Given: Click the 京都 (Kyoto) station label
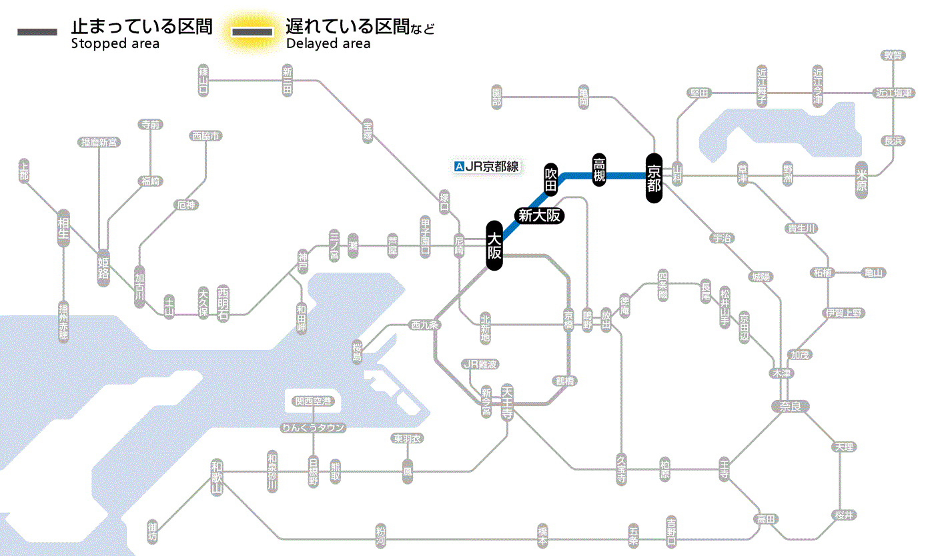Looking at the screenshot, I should [654, 177].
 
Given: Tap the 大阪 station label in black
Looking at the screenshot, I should [494, 246].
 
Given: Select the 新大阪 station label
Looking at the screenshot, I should [540, 216].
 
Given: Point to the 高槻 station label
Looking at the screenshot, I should [599, 169].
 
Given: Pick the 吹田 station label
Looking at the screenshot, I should [550, 179].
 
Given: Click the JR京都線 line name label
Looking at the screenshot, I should [492, 167].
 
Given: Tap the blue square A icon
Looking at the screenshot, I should [458, 167].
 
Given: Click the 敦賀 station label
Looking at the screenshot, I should [893, 55].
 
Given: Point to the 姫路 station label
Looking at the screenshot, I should [103, 267].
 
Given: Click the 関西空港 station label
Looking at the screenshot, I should [314, 401].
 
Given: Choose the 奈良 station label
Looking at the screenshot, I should [789, 406].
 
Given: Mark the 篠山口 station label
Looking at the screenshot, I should [203, 80].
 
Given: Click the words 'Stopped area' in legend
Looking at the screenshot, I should [115, 44].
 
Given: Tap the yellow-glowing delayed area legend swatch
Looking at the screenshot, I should [252, 31].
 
